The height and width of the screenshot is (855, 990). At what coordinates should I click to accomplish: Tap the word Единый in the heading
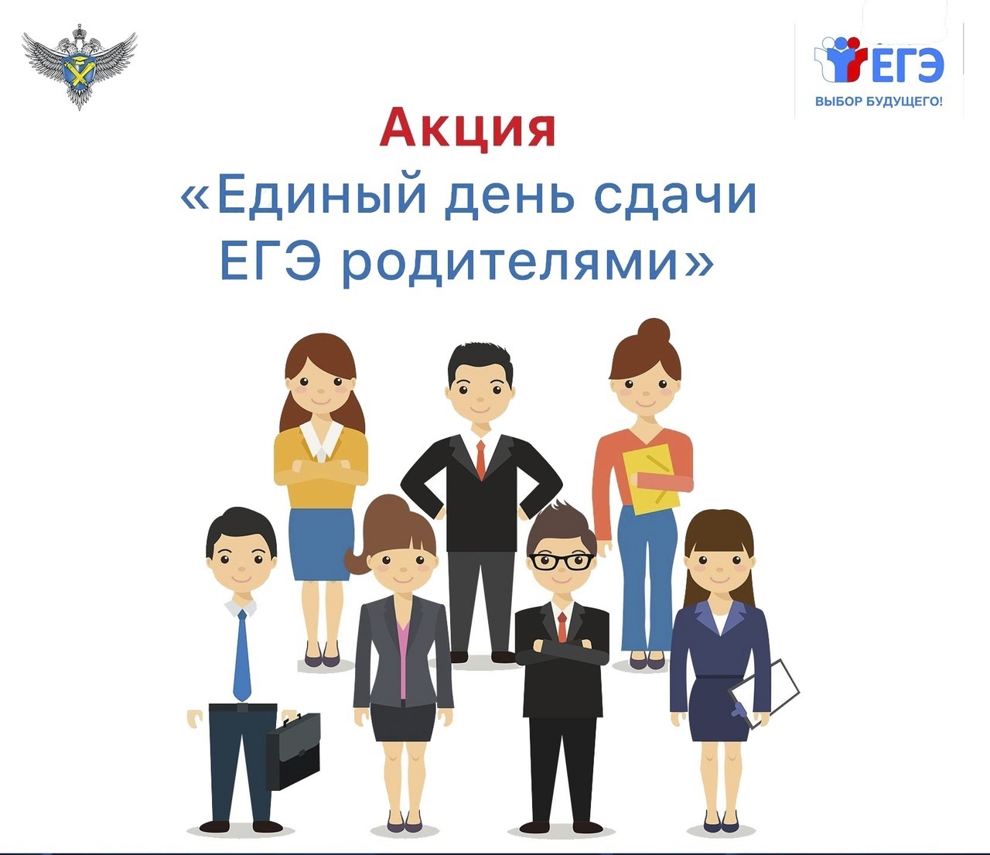coord(322,197)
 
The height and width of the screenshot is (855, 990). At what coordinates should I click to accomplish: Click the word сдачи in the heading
coord(675,197)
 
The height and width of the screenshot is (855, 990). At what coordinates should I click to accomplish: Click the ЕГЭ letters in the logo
coord(904,65)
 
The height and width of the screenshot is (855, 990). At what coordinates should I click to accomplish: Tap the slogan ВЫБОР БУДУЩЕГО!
coord(879,101)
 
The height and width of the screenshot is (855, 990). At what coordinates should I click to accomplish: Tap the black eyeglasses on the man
coord(562,561)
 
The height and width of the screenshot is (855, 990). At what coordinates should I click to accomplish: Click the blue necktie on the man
coord(243,655)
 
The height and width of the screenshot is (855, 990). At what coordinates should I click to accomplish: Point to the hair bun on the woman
coord(654,330)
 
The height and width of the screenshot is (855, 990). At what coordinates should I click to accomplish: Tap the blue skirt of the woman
coord(320,543)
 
